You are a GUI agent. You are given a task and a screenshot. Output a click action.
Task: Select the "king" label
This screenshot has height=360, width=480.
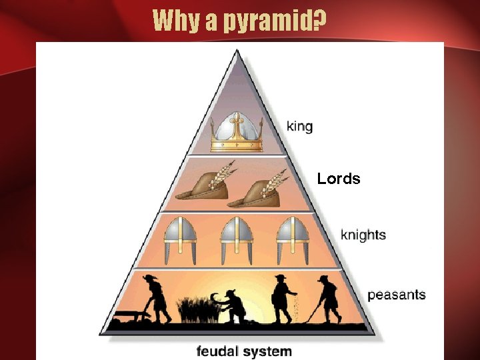click(299, 125)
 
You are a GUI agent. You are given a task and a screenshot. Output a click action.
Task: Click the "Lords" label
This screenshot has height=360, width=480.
click(339, 179)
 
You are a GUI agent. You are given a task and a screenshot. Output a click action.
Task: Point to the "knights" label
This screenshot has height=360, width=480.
click(363, 235)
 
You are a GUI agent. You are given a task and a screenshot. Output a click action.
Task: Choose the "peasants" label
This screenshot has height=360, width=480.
click(396, 295)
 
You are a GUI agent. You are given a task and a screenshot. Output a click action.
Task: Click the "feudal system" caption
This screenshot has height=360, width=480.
click(244, 351)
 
